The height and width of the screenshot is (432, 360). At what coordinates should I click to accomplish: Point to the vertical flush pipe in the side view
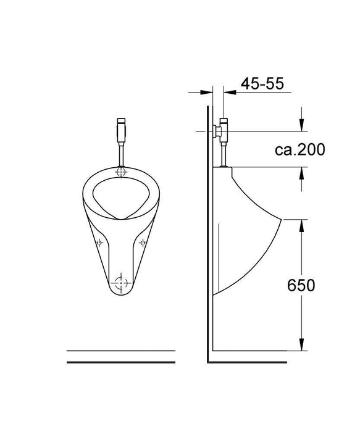(223, 154)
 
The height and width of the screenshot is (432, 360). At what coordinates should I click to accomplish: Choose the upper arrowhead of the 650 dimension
(301, 223)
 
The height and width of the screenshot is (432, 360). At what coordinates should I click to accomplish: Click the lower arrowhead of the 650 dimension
(301, 347)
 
